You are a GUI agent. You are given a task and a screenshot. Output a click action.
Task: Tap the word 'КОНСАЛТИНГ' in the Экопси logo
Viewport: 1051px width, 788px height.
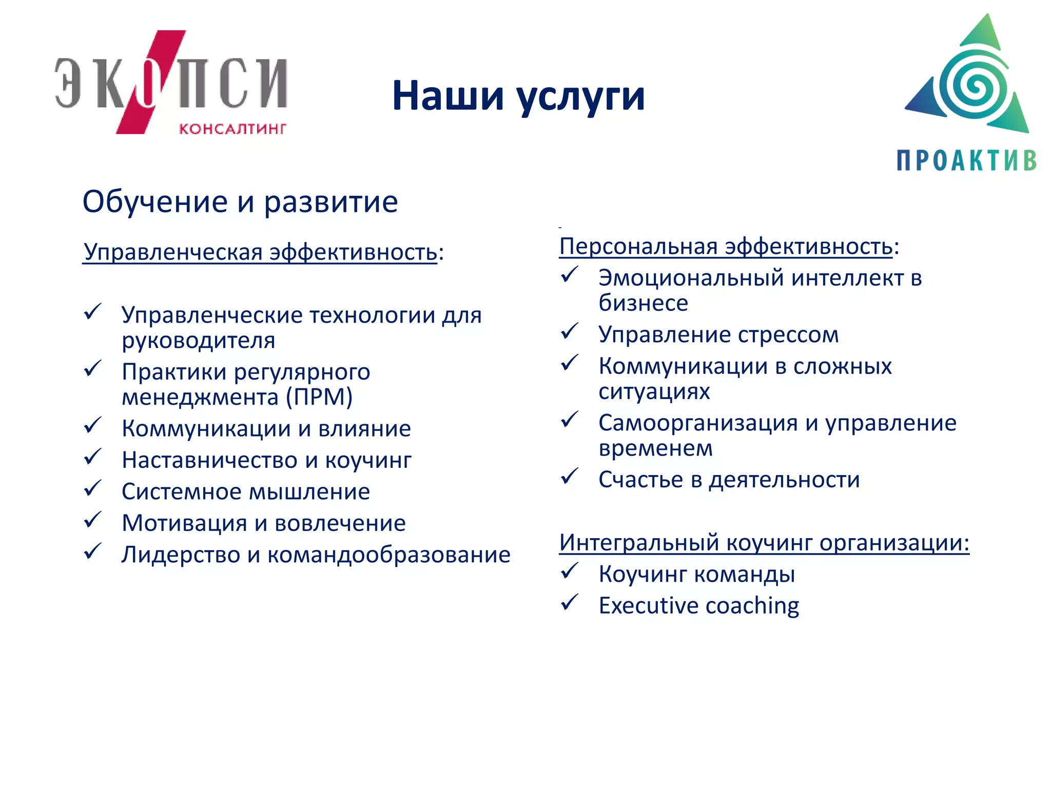coord(232,128)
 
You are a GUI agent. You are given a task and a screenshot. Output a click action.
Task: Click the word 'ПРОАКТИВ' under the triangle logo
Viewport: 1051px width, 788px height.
coord(966,161)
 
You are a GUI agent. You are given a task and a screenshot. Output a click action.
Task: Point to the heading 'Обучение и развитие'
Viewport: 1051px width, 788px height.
coord(240,202)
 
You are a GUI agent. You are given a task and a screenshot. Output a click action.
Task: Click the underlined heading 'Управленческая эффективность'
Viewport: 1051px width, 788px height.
coord(260,252)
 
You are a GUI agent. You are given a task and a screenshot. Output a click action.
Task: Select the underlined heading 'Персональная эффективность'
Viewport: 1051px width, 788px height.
coord(726,246)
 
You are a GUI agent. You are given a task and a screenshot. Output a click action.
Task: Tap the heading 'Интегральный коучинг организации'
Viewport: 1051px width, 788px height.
coord(764,542)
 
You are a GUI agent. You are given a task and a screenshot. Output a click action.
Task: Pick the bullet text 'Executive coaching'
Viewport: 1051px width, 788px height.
coord(698,606)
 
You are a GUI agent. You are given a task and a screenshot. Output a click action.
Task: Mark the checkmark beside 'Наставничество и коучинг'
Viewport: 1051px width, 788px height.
coord(93,457)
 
